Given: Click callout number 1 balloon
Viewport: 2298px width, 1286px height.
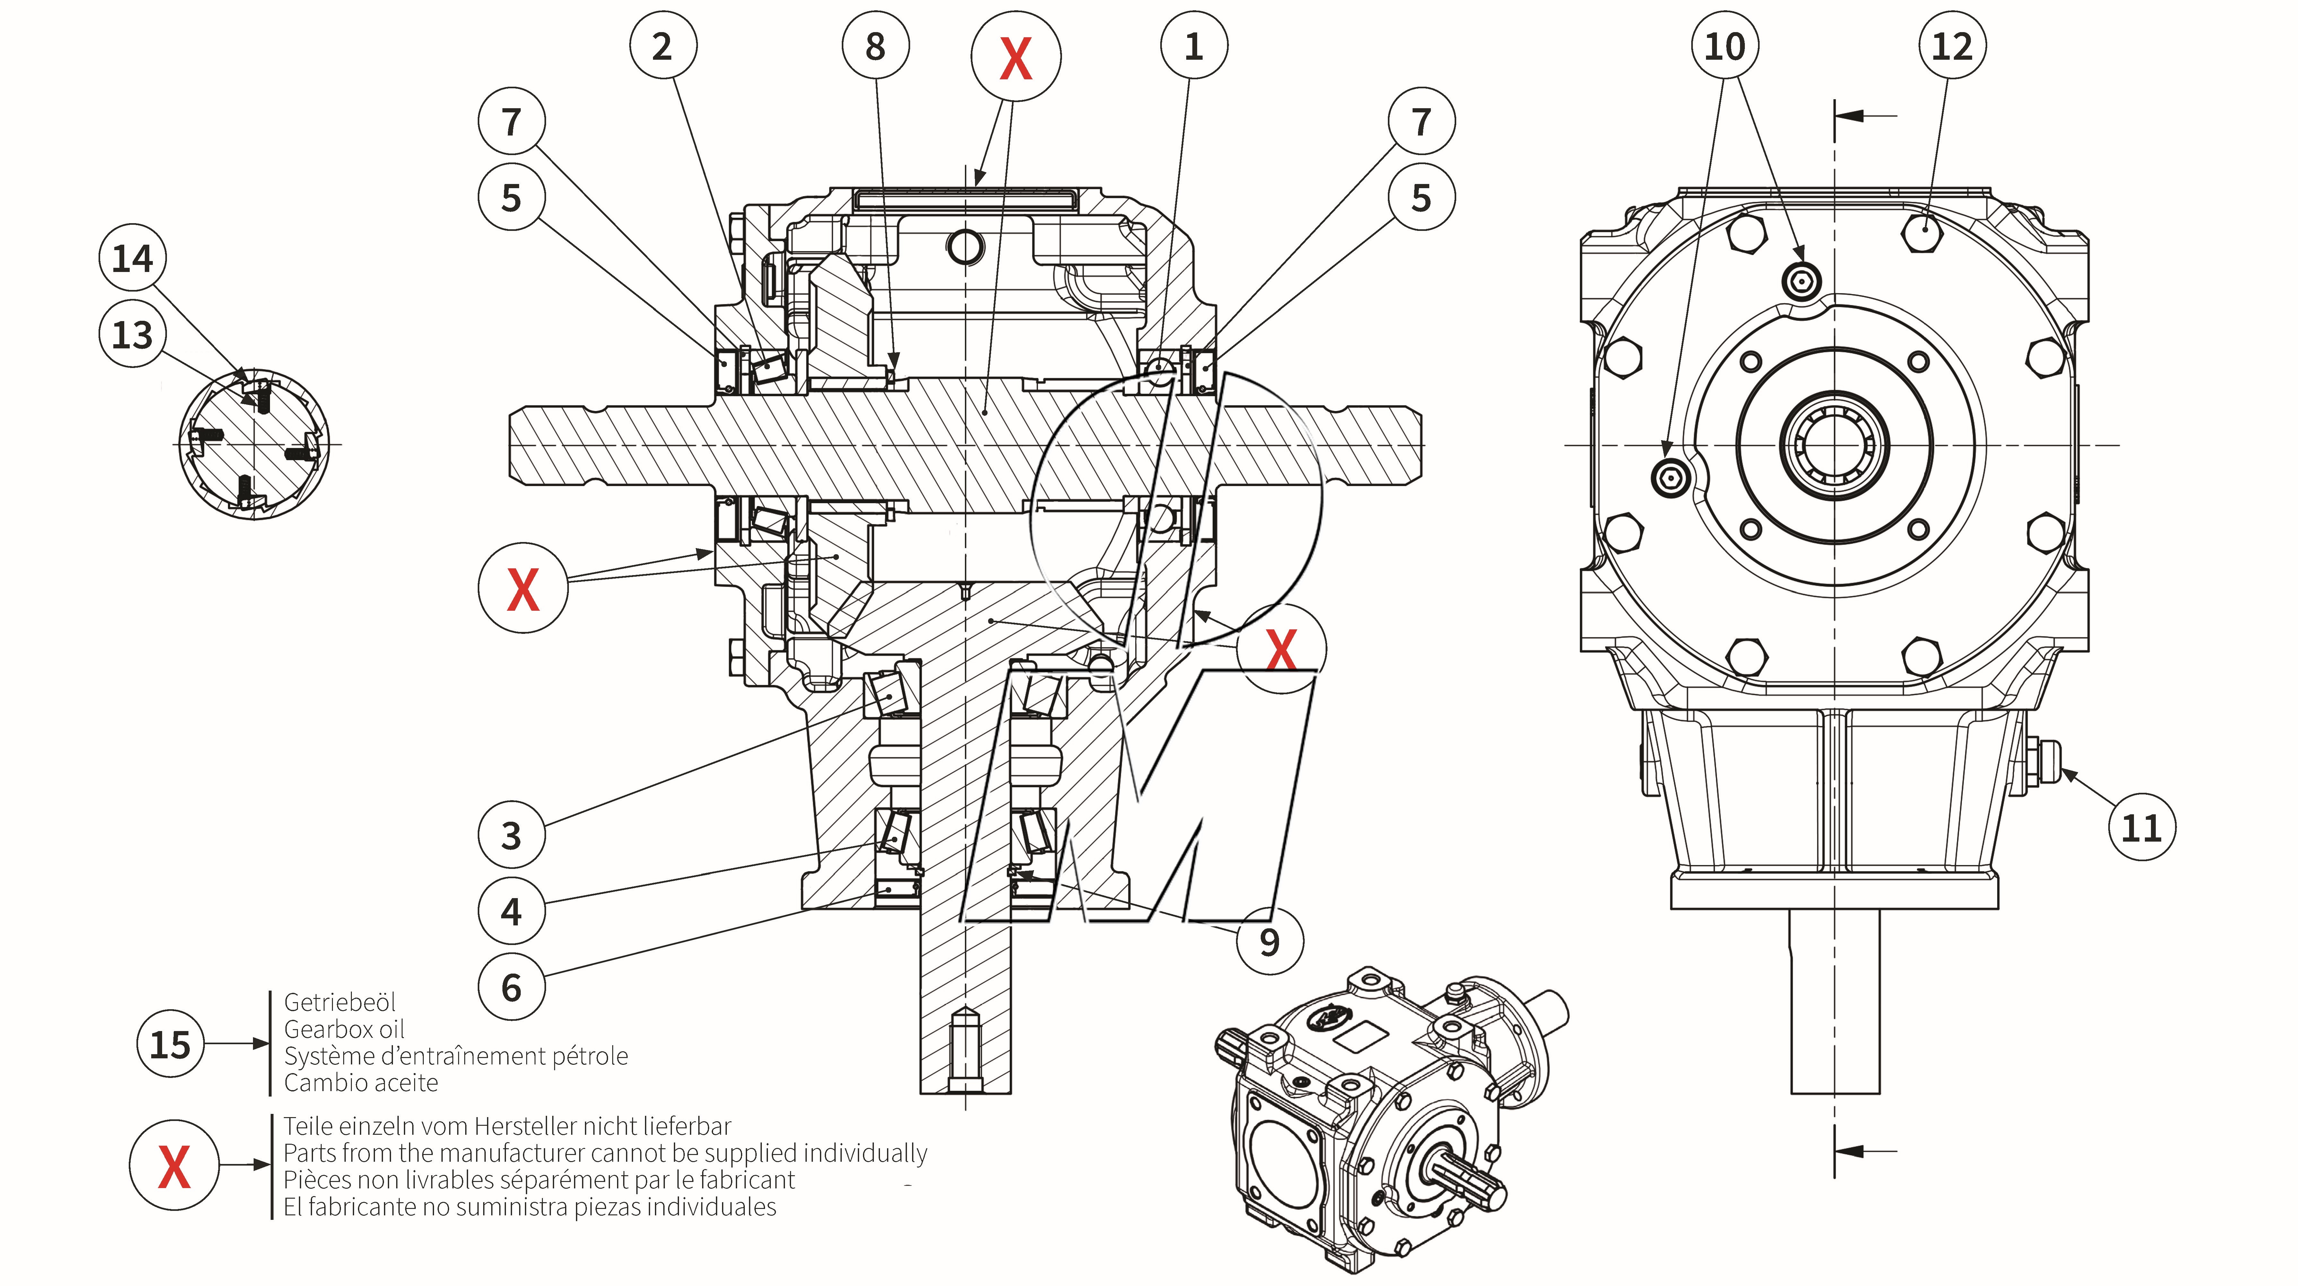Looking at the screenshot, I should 1194,46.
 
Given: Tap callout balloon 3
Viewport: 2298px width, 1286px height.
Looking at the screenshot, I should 511,835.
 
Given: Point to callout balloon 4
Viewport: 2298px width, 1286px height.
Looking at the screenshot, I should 511,911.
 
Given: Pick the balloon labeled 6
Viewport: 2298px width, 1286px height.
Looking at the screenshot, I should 511,987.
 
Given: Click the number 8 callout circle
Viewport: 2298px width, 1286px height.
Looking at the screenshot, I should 875,46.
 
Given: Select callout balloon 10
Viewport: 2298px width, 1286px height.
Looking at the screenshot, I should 1724,46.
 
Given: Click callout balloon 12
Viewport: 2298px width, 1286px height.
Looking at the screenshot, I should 1952,46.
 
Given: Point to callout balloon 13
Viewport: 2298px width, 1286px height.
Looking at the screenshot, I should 132,335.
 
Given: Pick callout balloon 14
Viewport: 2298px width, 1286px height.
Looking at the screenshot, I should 132,259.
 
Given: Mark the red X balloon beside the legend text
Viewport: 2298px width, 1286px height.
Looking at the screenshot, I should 174,1166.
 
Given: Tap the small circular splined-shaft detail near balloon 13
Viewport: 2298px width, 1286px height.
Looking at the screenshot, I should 254,443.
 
